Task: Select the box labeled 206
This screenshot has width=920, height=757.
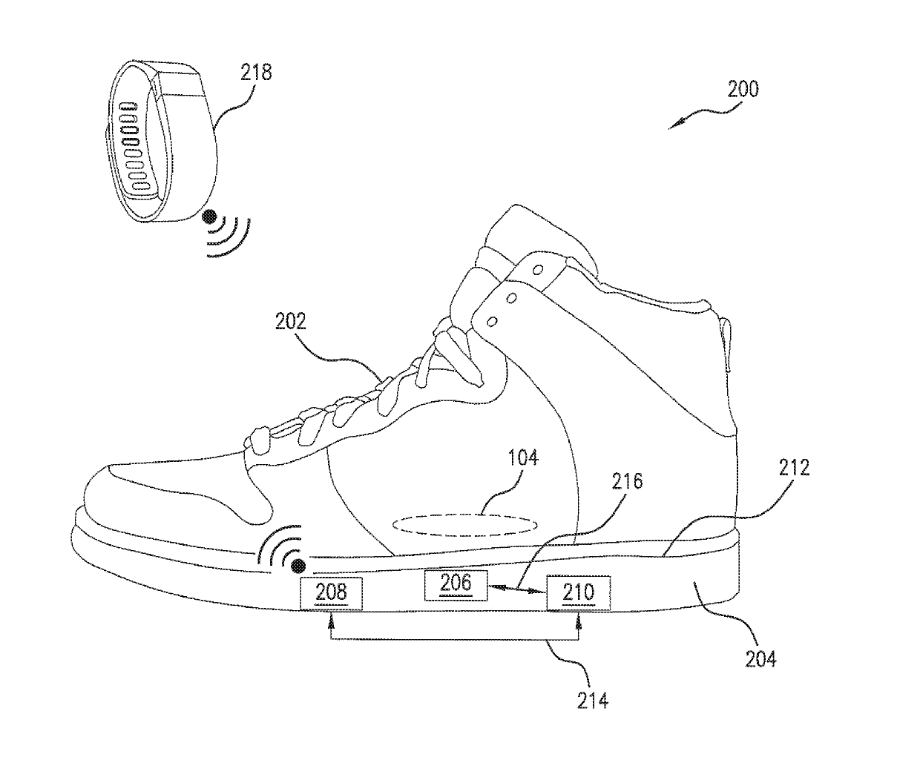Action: pos(456,584)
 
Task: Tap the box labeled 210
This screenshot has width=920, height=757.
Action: pos(578,592)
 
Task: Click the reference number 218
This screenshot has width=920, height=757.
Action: pos(256,72)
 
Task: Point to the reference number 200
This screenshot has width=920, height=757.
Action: pos(743,90)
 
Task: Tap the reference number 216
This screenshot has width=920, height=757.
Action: pos(627,483)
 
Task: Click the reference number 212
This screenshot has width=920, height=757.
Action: pos(794,469)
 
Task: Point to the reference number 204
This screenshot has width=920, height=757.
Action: pos(760,657)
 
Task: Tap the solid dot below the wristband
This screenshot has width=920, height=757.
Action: pos(211,217)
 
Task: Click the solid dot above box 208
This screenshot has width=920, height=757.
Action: pos(298,566)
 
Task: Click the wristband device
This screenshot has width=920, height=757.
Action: pos(160,141)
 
